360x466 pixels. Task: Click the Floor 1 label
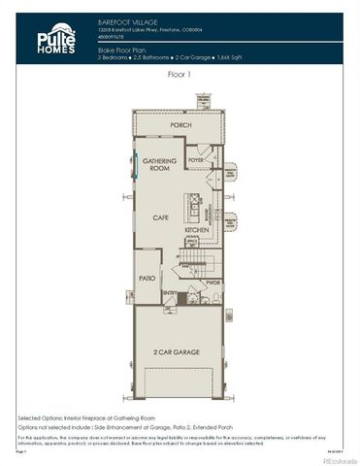point(180,73)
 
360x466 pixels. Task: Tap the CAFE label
point(160,217)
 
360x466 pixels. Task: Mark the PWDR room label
point(212,283)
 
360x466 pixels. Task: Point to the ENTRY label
point(169,293)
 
